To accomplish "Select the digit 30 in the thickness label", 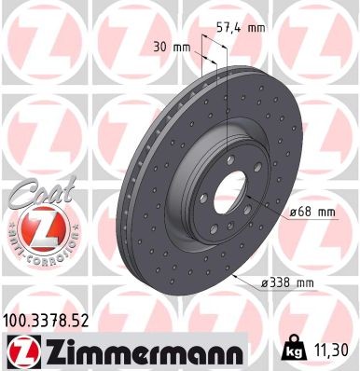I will pos(160,45).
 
